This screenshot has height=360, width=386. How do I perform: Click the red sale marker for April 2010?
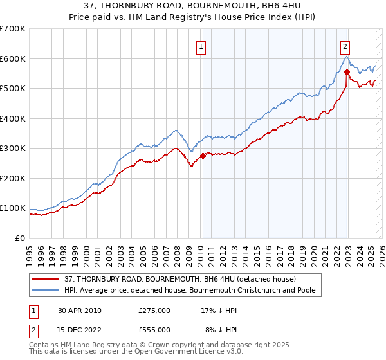(x=203, y=155)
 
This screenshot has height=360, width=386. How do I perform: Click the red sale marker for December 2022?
(x=347, y=72)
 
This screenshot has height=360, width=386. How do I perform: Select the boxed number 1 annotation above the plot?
(x=201, y=46)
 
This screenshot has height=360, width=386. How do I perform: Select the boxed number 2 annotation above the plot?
(x=345, y=46)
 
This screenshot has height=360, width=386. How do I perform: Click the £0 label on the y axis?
(x=20, y=238)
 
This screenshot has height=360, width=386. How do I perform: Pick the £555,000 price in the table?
(x=154, y=330)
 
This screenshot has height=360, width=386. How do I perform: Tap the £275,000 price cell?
(x=154, y=310)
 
